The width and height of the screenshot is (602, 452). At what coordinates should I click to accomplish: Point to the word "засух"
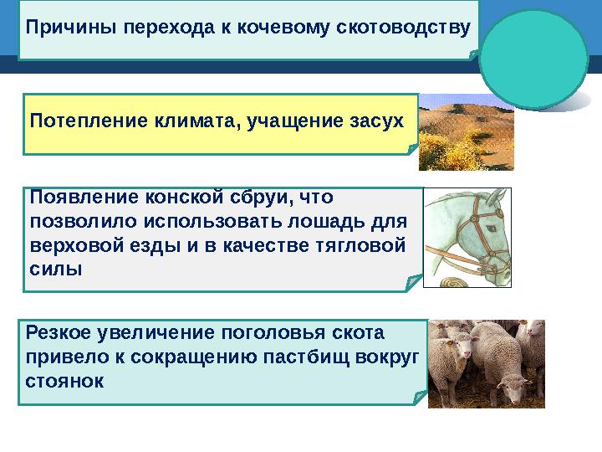coord(375,121)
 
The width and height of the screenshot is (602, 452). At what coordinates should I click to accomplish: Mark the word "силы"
coord(56,270)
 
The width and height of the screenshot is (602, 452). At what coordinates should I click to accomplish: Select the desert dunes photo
coord(466,131)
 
